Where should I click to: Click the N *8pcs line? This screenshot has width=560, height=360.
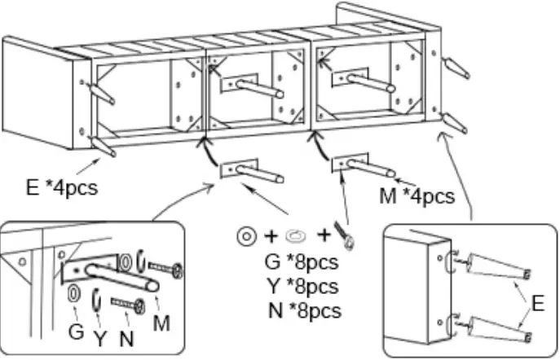click(303, 310)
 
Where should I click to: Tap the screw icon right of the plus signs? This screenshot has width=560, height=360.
click(351, 237)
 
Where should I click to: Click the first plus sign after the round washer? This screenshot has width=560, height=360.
click(271, 237)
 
